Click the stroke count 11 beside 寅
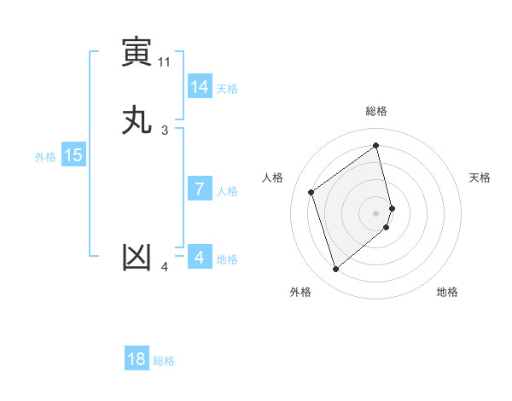coord(164,61)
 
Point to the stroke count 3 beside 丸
coord(165,130)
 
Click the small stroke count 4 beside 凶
coord(165,268)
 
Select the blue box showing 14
coord(199,86)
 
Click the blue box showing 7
coord(199,189)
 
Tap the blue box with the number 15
coord(73,155)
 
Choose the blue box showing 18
coord(137,359)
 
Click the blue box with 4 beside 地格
coord(199,257)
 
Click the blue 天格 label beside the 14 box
coord(227,88)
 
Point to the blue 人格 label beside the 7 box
coord(227,191)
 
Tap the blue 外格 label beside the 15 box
coord(45,157)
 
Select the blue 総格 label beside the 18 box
coord(164,361)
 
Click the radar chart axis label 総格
coord(376,111)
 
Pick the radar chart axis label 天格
coord(480,177)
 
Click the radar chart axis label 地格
coord(447,292)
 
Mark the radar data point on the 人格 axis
coord(311,192)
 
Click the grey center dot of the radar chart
coord(376,212)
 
